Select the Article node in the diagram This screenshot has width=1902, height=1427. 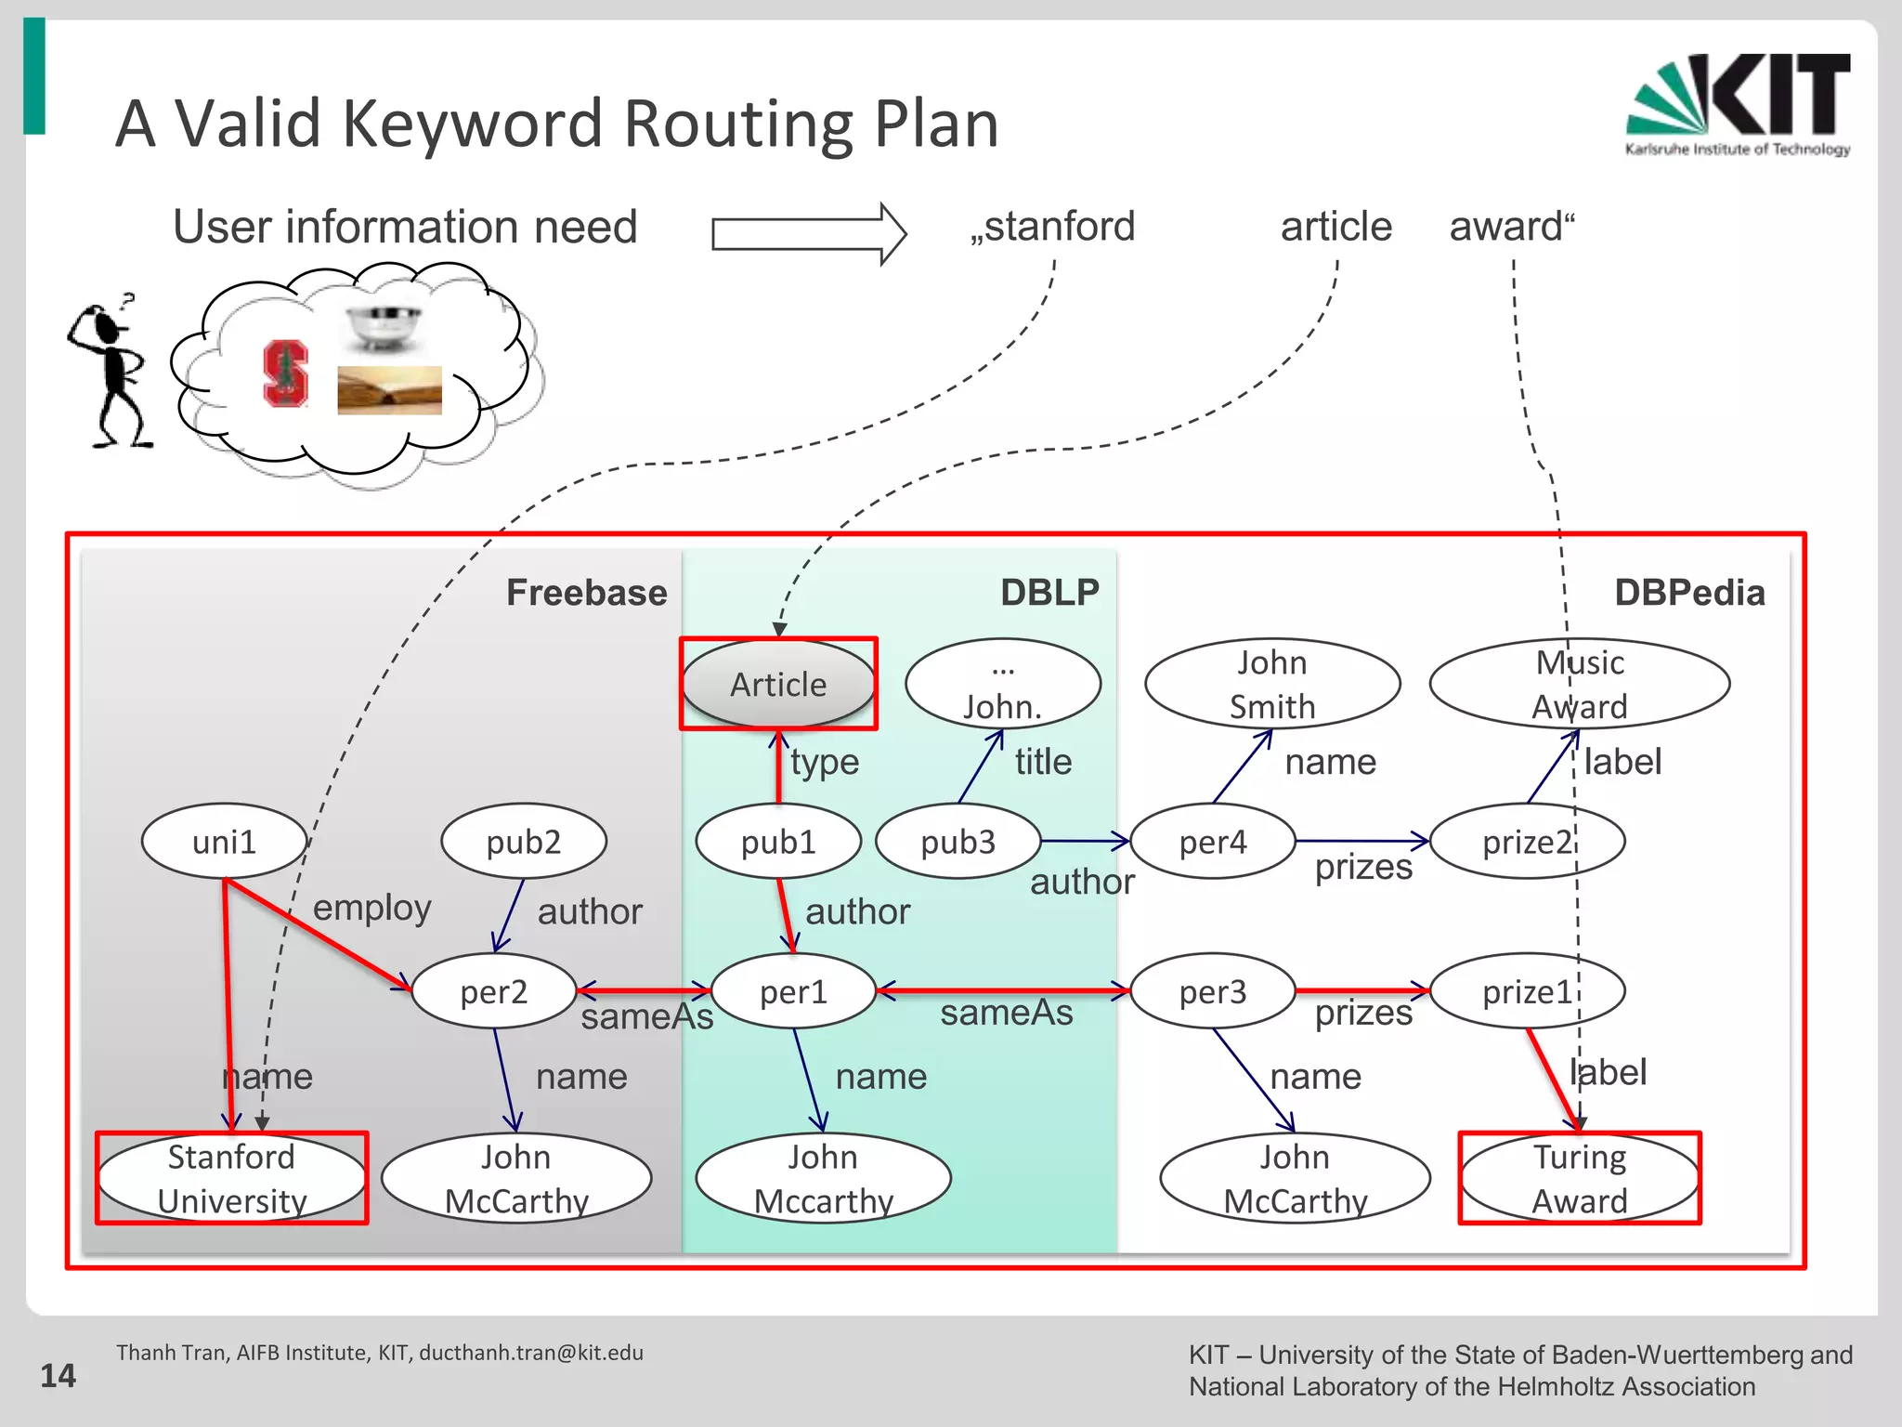click(778, 684)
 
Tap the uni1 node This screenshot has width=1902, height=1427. click(224, 842)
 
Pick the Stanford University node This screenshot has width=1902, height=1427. click(231, 1178)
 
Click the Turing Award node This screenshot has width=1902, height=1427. click(1579, 1178)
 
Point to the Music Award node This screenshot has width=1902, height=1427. click(1579, 684)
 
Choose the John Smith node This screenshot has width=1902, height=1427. click(1272, 684)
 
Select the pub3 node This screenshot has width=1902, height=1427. click(958, 842)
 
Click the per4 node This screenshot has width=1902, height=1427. click(1212, 842)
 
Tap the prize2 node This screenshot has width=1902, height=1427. click(1527, 842)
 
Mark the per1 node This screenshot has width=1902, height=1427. click(793, 991)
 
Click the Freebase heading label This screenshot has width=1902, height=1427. click(586, 593)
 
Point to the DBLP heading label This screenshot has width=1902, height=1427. click(1049, 593)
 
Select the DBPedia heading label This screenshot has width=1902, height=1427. click(1689, 593)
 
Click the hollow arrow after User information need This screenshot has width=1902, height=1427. click(808, 233)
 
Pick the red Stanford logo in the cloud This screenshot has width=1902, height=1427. click(285, 373)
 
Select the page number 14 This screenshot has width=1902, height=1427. click(58, 1375)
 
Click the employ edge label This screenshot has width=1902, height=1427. click(371, 908)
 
